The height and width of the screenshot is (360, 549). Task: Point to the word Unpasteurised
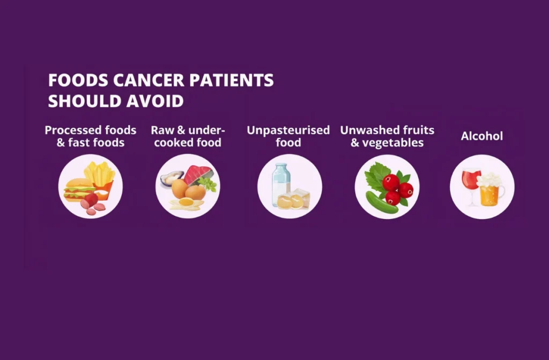[x=288, y=130]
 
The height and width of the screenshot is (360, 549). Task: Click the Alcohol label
[x=482, y=136]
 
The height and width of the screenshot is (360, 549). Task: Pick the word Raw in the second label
[x=161, y=130]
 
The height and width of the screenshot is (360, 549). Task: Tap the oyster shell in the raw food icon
[x=170, y=177]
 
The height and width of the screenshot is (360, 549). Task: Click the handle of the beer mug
[x=502, y=194]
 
